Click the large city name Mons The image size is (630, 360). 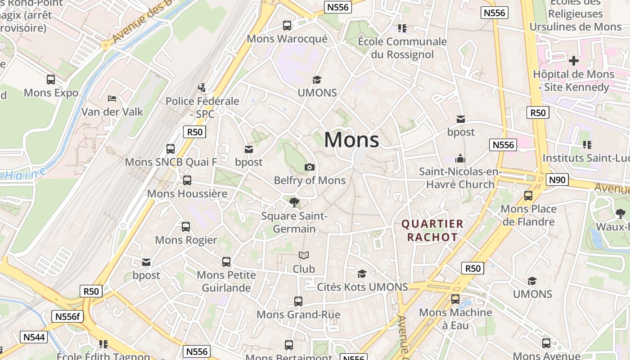(351, 139)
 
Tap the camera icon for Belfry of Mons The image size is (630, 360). (310, 167)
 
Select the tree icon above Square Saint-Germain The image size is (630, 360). (294, 202)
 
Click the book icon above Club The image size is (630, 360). (304, 256)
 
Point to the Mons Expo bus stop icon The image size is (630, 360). (51, 80)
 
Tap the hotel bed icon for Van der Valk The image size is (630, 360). (112, 98)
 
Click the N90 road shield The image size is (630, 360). (557, 180)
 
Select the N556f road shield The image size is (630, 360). (67, 316)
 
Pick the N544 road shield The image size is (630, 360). (34, 337)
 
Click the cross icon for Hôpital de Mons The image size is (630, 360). (573, 60)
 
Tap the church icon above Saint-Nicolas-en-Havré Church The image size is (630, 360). (460, 158)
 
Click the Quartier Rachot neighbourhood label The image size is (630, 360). (432, 230)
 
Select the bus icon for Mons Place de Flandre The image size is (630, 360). (528, 196)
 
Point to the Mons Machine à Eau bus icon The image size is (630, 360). (455, 299)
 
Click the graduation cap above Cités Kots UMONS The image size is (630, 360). (362, 274)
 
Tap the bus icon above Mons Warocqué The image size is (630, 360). (287, 26)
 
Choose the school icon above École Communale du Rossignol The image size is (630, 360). (402, 28)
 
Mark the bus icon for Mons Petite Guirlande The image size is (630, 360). (226, 261)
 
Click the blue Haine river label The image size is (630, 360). (22, 175)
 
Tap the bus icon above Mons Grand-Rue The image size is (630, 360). (298, 301)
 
